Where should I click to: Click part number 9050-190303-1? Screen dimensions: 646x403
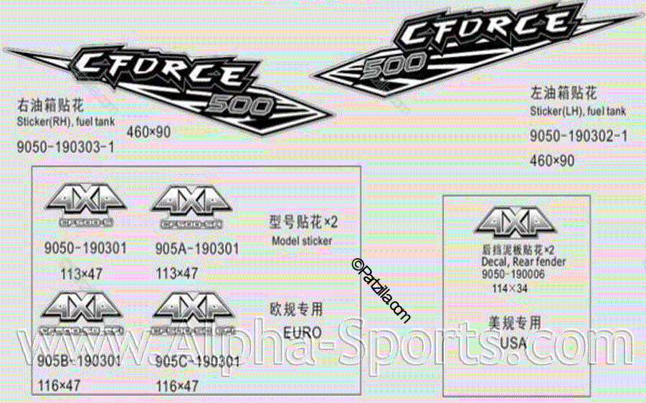(x=65, y=148)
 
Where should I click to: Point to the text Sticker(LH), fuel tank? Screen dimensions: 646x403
(x=578, y=111)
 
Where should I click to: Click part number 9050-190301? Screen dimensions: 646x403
(x=85, y=249)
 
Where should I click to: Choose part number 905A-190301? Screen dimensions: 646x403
(x=196, y=249)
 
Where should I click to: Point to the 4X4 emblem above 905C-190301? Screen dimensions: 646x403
(x=195, y=311)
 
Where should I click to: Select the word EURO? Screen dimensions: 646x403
(x=302, y=333)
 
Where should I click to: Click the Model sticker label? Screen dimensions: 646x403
(x=302, y=241)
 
